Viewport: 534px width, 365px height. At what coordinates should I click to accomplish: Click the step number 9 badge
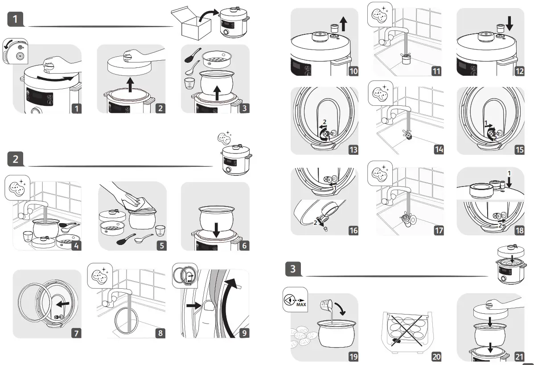click(x=242, y=333)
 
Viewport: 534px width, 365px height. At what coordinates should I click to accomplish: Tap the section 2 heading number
click(x=16, y=159)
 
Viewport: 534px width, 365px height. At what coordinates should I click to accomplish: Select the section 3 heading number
click(x=293, y=269)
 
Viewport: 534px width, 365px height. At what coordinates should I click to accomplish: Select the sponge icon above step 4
click(x=17, y=187)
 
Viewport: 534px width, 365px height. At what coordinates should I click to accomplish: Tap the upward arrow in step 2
click(x=130, y=84)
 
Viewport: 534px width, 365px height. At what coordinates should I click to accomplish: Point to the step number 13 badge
click(x=353, y=149)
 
